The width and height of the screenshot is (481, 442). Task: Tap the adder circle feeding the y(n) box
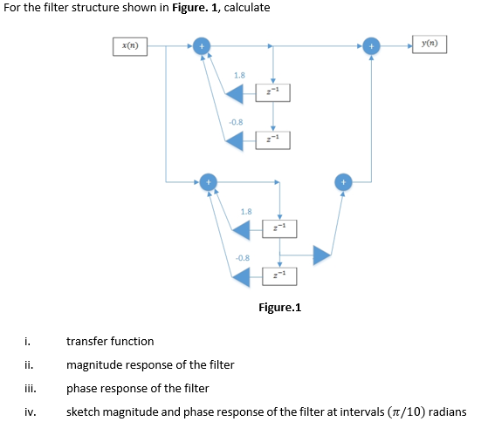(x=372, y=45)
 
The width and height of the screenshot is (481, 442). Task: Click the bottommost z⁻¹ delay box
(x=279, y=276)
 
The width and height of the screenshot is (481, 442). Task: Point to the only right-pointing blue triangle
(x=321, y=254)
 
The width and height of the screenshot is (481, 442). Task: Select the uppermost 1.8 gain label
(x=239, y=76)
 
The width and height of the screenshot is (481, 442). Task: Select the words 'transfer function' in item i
(x=110, y=341)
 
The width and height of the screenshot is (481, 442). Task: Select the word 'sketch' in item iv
(x=83, y=411)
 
